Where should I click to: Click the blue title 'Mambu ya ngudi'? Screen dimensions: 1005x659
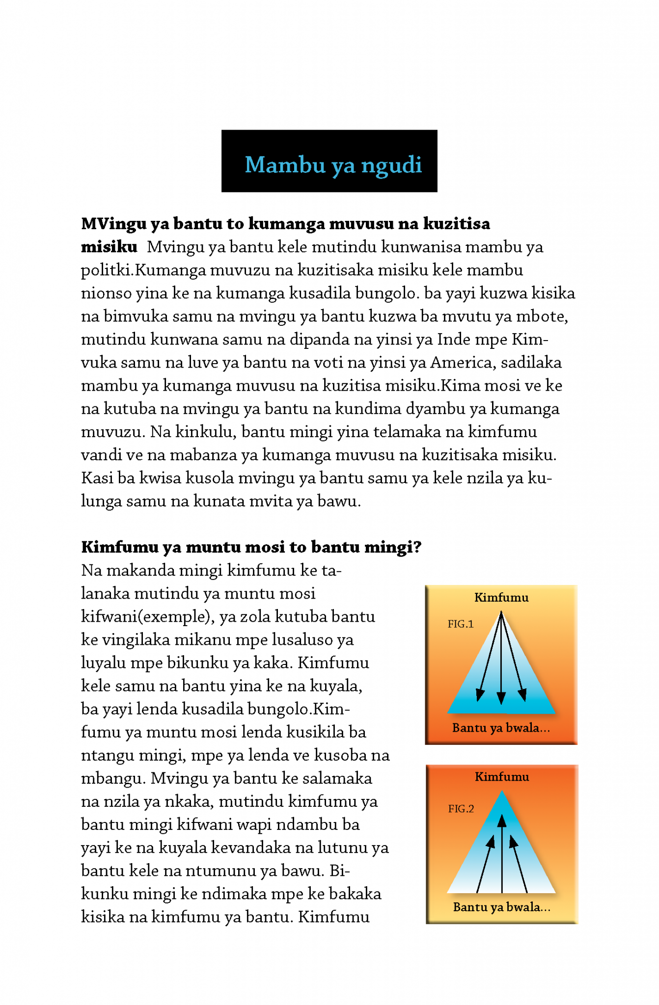click(x=333, y=165)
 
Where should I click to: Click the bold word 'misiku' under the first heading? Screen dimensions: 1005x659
click(x=109, y=247)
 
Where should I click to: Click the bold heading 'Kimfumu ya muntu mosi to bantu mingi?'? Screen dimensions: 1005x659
click(x=251, y=547)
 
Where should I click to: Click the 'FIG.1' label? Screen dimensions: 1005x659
click(x=460, y=624)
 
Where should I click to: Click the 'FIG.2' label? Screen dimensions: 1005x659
click(x=461, y=809)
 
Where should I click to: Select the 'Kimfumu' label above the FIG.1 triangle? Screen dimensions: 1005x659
click(x=501, y=598)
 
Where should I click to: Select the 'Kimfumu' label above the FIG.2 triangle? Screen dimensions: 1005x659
click(x=501, y=777)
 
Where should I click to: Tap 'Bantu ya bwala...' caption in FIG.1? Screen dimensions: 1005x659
click(x=500, y=728)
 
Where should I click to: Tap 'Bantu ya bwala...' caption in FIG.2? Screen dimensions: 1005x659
click(x=501, y=907)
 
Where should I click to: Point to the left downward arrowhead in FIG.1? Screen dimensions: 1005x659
click(x=480, y=694)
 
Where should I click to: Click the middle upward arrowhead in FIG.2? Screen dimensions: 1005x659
click(x=501, y=820)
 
